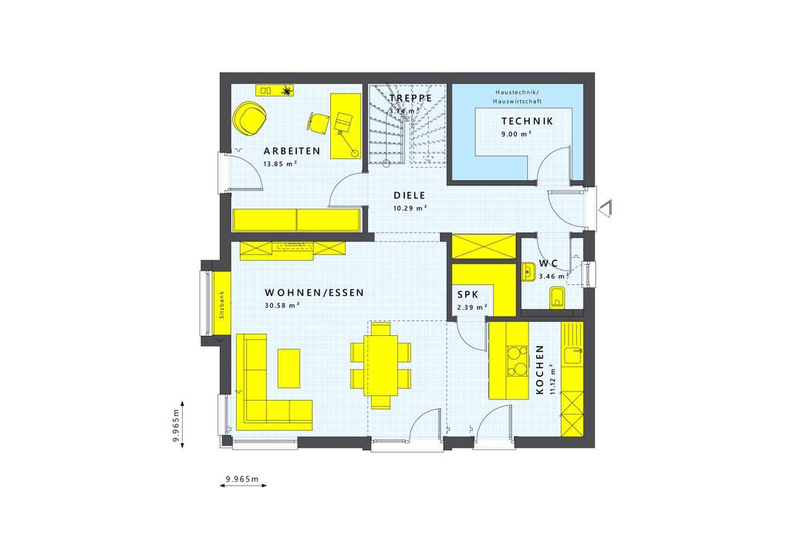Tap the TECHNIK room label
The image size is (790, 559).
click(x=527, y=121)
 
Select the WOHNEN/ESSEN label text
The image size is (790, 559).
click(x=313, y=293)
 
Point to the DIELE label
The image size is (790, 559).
click(x=410, y=195)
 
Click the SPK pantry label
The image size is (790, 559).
click(x=467, y=295)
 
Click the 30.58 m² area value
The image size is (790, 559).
click(x=282, y=305)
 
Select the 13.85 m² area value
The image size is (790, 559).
click(x=280, y=164)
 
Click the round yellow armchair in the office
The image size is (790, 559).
click(x=250, y=118)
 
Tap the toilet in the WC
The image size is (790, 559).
click(x=557, y=297)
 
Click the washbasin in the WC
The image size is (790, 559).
click(x=528, y=270)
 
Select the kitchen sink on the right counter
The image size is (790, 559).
click(x=572, y=355)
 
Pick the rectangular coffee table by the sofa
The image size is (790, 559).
click(x=289, y=368)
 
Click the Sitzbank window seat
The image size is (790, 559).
click(x=221, y=304)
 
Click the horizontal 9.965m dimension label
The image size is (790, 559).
click(x=241, y=479)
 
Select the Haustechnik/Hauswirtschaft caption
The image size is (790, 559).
click(x=515, y=97)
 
